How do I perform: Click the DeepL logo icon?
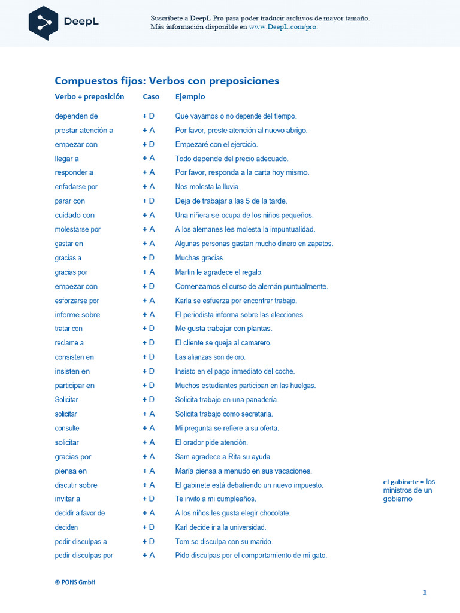click(43, 22)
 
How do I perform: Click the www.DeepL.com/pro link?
click(283, 27)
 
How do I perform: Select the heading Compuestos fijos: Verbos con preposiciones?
click(167, 81)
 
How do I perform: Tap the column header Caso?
click(151, 96)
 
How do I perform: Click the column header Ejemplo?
click(190, 96)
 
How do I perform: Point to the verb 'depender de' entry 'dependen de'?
click(76, 116)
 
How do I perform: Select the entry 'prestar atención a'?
click(84, 131)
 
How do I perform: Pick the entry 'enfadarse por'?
click(76, 187)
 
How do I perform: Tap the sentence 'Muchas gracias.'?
click(200, 258)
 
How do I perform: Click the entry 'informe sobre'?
click(77, 315)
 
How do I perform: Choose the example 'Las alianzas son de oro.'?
click(210, 357)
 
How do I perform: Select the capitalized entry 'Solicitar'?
click(66, 400)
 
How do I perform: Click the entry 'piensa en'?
click(71, 471)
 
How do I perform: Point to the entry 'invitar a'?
click(68, 499)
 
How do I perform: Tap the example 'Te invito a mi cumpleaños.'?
click(216, 499)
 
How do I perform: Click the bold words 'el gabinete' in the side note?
click(400, 482)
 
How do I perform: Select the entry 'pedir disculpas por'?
click(84, 556)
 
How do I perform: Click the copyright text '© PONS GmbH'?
click(75, 582)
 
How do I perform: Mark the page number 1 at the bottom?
click(425, 593)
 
